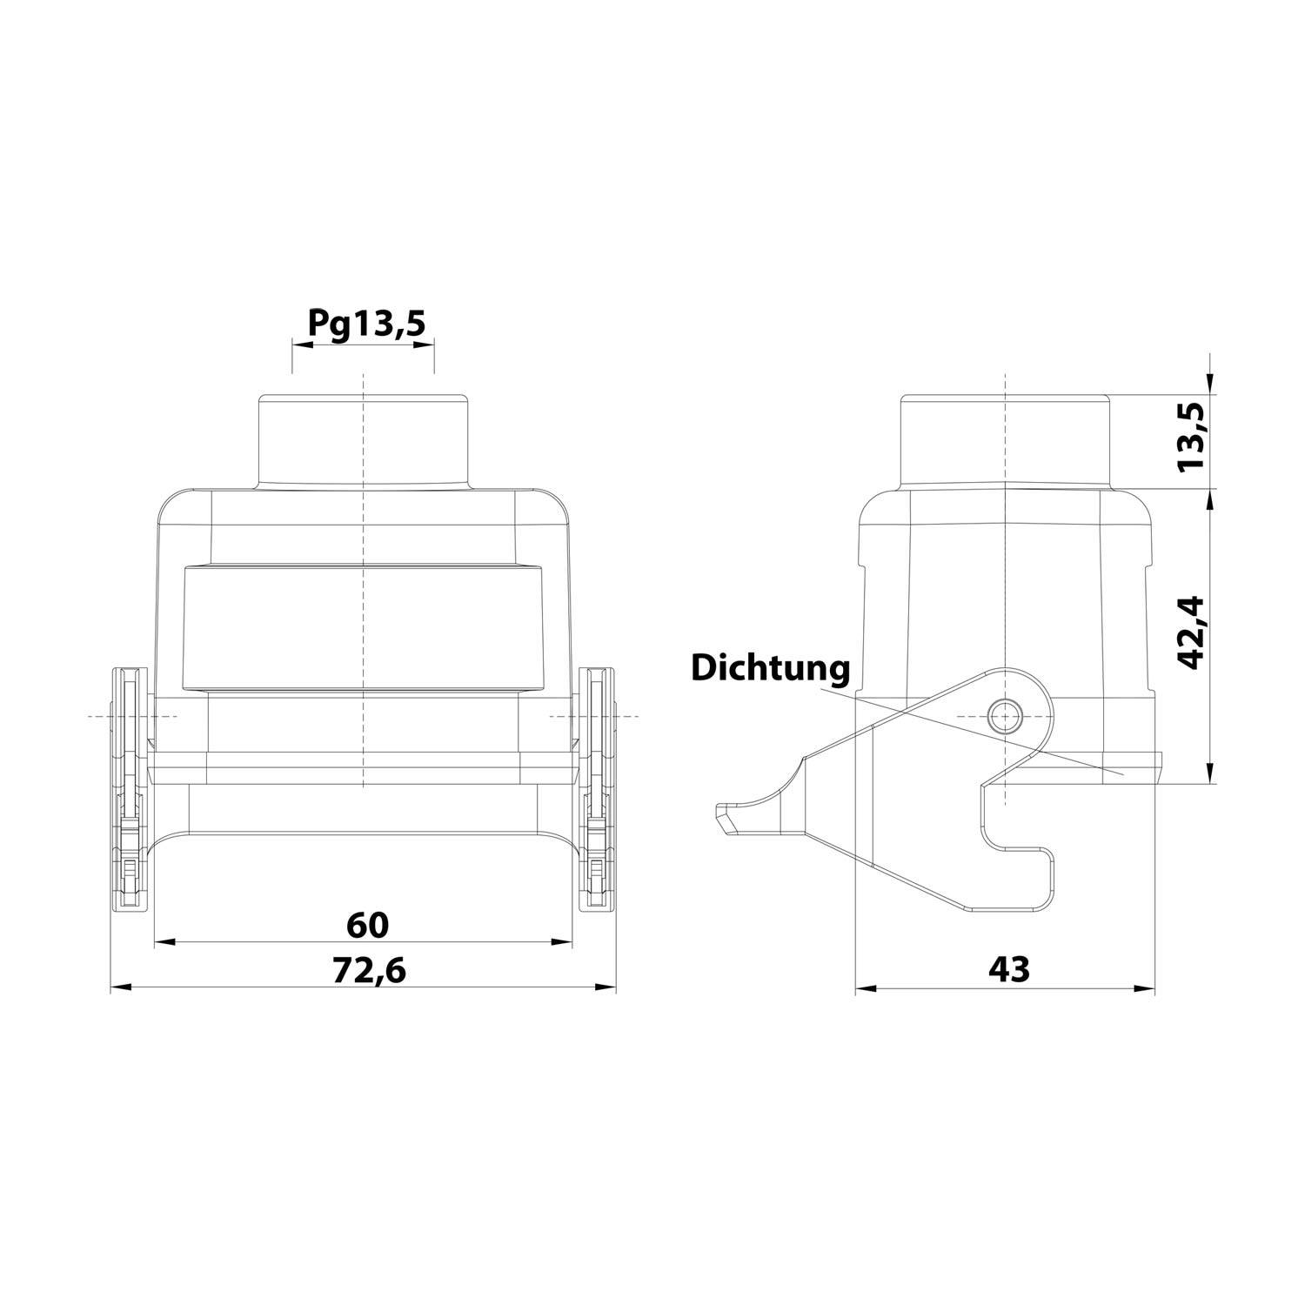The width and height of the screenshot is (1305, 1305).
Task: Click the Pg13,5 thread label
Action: click(x=366, y=324)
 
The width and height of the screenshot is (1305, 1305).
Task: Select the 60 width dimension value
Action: click(x=367, y=924)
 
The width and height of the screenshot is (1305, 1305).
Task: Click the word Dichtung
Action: click(x=770, y=668)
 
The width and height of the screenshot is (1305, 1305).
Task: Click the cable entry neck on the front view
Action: click(x=364, y=442)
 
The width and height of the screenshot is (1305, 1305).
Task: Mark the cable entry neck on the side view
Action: click(x=1005, y=442)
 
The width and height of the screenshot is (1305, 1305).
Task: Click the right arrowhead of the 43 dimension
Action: click(x=1146, y=988)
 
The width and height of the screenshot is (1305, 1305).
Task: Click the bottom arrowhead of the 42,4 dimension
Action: click(x=1211, y=774)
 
